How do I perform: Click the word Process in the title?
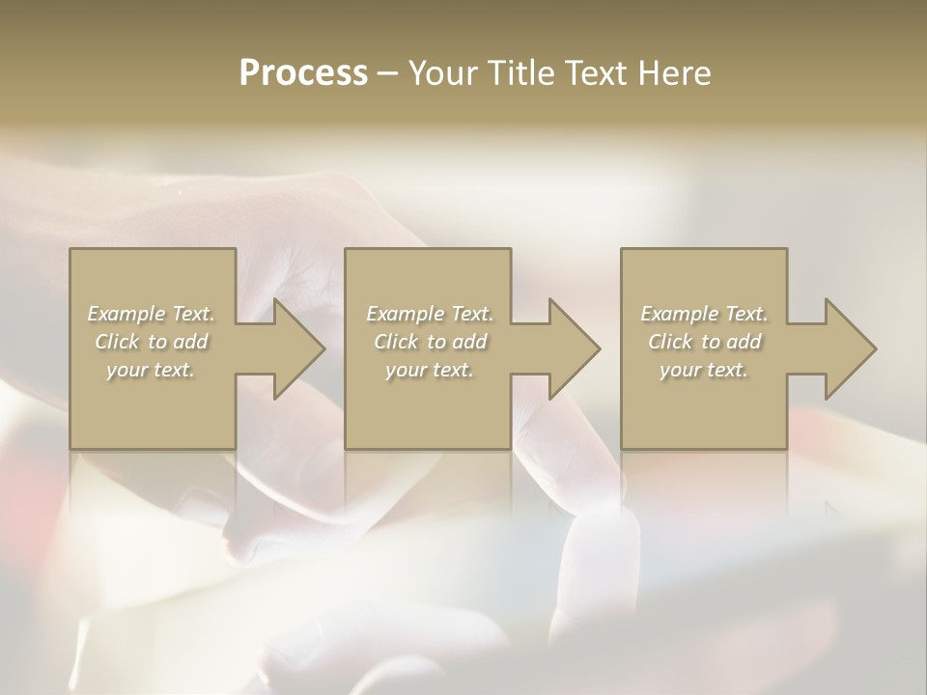point(303,73)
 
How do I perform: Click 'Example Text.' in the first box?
point(151,314)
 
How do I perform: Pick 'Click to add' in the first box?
point(151,342)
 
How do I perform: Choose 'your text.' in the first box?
point(151,370)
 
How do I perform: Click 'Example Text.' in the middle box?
point(429,314)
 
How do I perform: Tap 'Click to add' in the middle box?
point(429,342)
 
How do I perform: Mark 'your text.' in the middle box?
point(429,370)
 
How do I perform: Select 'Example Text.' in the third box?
point(704,314)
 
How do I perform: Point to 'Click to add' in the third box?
point(704,342)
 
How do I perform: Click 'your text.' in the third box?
point(704,370)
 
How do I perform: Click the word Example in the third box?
point(680,314)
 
